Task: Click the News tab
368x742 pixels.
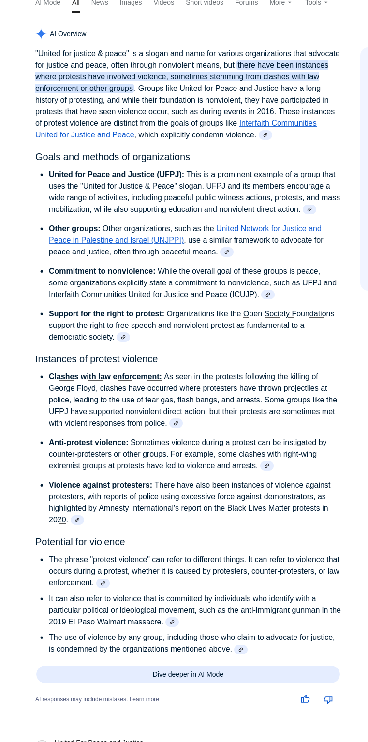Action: point(100,3)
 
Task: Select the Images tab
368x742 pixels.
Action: point(131,3)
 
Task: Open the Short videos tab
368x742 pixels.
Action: point(205,3)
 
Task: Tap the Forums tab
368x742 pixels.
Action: point(246,3)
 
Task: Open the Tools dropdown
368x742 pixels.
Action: point(316,3)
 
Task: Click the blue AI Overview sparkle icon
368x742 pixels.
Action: point(41,34)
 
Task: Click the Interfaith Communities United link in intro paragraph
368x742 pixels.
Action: point(278,123)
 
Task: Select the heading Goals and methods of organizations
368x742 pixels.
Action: point(113,157)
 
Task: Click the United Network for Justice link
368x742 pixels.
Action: point(268,229)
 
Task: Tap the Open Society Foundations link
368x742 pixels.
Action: point(289,314)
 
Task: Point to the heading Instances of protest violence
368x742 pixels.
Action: point(96,359)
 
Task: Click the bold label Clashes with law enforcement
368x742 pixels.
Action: point(105,377)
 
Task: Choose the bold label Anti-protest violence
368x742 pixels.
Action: point(88,443)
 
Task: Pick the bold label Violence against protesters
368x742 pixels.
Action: point(101,485)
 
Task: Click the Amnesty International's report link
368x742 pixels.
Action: point(213,508)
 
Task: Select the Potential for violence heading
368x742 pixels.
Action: point(80,542)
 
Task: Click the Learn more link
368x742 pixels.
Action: point(144,699)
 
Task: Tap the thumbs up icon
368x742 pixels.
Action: point(305,699)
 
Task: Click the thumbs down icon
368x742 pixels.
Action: point(328,699)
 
